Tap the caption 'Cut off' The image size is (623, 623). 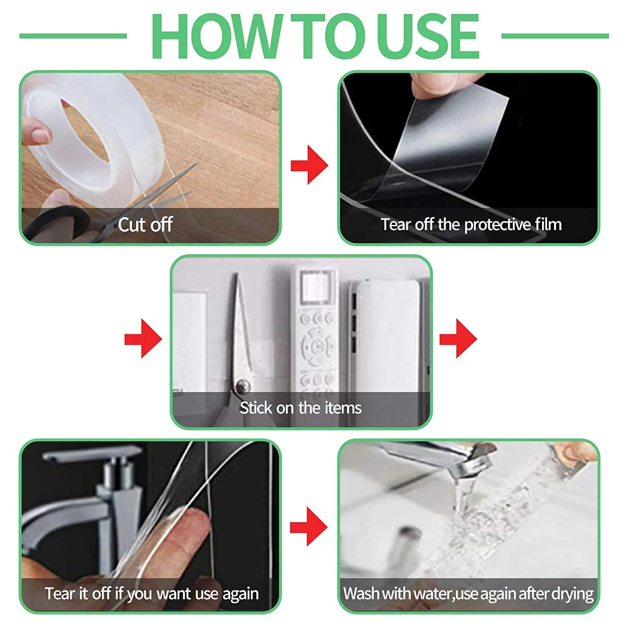coord(145,225)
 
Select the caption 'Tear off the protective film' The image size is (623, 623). coord(471,225)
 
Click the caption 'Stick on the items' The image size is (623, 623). coord(301,408)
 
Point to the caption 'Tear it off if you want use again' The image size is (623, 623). coord(152,594)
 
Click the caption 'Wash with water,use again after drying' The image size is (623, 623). coord(468,594)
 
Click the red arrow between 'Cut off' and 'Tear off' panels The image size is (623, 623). coord(309,165)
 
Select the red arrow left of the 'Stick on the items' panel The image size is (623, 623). coord(143,338)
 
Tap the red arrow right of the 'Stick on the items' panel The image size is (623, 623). coord(458,338)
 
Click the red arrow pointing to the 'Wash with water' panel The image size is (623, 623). coord(309,526)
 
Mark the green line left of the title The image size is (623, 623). coord(73,36)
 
